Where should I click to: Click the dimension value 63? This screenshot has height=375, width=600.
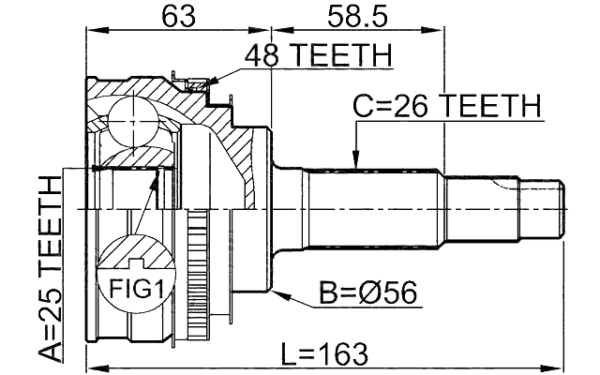tap(177, 16)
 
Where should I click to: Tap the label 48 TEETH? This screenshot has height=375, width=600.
tap(317, 58)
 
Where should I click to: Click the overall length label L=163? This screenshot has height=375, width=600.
tap(324, 353)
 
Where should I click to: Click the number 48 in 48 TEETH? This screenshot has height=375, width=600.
tap(262, 58)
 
